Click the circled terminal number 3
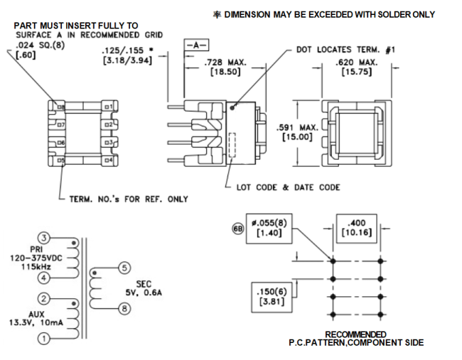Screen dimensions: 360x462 pyautogui.click(x=44, y=238)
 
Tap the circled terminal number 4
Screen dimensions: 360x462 pyautogui.click(x=44, y=277)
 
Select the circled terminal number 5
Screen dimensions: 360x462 pyautogui.click(x=124, y=268)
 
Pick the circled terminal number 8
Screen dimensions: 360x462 pyautogui.click(x=124, y=309)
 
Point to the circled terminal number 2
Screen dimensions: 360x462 pyautogui.click(x=44, y=298)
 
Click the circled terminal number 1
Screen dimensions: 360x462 pyautogui.click(x=44, y=339)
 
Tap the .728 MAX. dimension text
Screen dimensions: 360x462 pyautogui.click(x=225, y=63)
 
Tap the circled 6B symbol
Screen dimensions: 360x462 pyautogui.click(x=239, y=229)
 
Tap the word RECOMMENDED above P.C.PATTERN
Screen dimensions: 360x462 pyautogui.click(x=356, y=334)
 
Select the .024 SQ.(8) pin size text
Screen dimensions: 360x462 pyautogui.click(x=41, y=44)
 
